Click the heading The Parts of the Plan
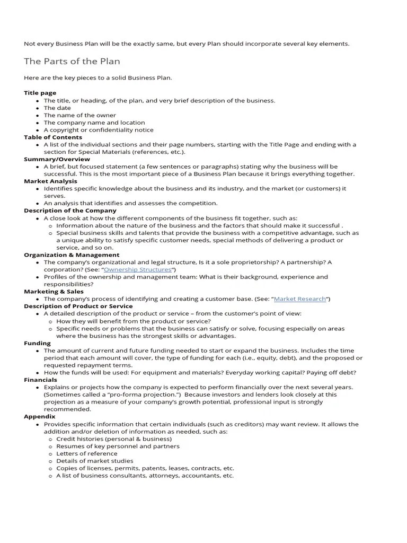tap(72, 62)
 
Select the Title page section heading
tap(40, 93)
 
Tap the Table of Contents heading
tap(53, 137)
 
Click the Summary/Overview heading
tap(57, 159)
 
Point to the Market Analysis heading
tap(51, 181)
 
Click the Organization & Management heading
tap(72, 255)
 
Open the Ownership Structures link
tap(138, 269)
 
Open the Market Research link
tap(300, 299)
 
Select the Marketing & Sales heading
tap(54, 291)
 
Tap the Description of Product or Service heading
tap(78, 306)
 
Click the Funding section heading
tap(37, 343)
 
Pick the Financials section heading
tap(40, 380)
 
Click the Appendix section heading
tap(40, 416)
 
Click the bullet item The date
tap(57, 108)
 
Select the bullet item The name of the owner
tap(79, 115)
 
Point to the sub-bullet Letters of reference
tap(87, 453)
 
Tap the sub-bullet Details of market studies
tap(95, 461)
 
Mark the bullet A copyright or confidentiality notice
tap(99, 129)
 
